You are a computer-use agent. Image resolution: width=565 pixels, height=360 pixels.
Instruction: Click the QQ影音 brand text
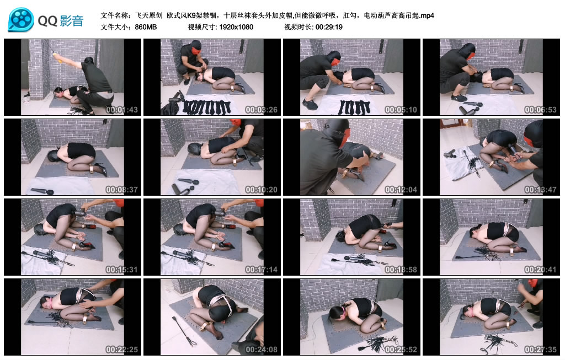pos(61,21)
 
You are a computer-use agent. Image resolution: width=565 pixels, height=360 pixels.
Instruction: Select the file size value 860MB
pos(146,27)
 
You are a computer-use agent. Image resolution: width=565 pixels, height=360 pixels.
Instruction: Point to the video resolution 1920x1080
pos(236,27)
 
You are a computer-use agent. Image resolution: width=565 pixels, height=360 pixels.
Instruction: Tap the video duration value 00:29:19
pos(329,27)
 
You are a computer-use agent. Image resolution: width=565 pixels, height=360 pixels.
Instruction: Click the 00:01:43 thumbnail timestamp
pos(122,110)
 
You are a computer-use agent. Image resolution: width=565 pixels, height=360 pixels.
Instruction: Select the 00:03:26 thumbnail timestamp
pos(261,110)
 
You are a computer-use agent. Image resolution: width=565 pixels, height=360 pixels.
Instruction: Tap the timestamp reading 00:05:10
pos(401,110)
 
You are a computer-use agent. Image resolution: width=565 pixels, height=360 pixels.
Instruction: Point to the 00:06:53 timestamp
pos(541,110)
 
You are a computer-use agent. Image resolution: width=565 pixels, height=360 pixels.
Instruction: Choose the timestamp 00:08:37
pos(122,190)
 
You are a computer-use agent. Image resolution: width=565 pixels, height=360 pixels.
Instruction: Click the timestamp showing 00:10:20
pos(261,190)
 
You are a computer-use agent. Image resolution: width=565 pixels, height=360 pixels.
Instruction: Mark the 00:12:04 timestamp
pos(401,190)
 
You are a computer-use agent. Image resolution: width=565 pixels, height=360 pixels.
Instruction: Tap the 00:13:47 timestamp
pos(541,190)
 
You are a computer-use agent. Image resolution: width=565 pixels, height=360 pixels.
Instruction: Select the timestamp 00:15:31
pos(122,270)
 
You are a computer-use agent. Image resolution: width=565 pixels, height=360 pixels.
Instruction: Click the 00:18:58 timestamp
pos(401,270)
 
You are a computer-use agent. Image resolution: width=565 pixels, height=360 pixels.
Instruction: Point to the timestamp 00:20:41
pos(541,270)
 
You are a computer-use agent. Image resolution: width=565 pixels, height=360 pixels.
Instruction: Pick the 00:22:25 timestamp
pos(122,350)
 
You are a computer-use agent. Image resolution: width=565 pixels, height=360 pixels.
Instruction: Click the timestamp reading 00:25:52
pos(401,350)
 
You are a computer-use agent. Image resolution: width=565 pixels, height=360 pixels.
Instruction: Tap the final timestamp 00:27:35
pos(541,350)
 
